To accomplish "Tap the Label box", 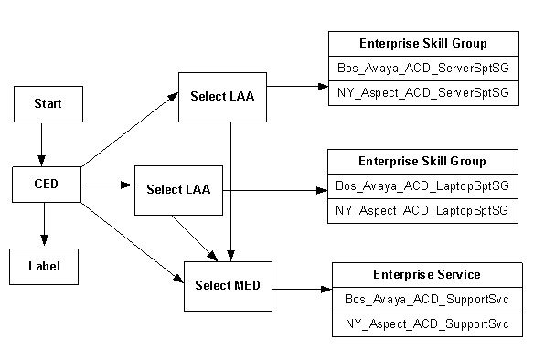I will [x=45, y=266].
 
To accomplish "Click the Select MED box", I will [x=228, y=285].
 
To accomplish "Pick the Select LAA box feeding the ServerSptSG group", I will [x=222, y=96].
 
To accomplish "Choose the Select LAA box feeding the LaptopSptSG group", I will [x=178, y=190].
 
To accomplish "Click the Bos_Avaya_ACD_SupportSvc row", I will [x=426, y=299].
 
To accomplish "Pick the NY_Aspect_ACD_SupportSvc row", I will [x=426, y=324].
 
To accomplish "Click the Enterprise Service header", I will [x=426, y=274].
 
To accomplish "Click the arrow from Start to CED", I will [x=41, y=143].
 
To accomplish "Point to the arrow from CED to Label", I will [x=44, y=224].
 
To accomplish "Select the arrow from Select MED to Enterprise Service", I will [x=302, y=290].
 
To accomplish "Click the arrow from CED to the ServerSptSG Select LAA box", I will [x=129, y=131].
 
